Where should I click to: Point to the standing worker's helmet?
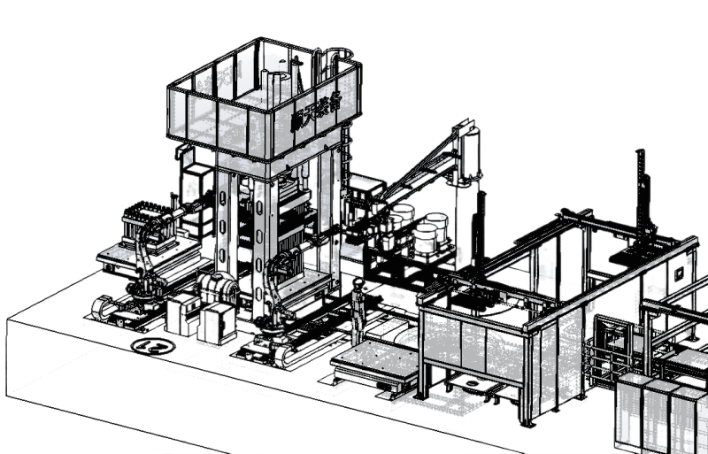pyautogui.click(x=358, y=283)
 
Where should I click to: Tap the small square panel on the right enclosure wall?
pyautogui.click(x=678, y=273)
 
